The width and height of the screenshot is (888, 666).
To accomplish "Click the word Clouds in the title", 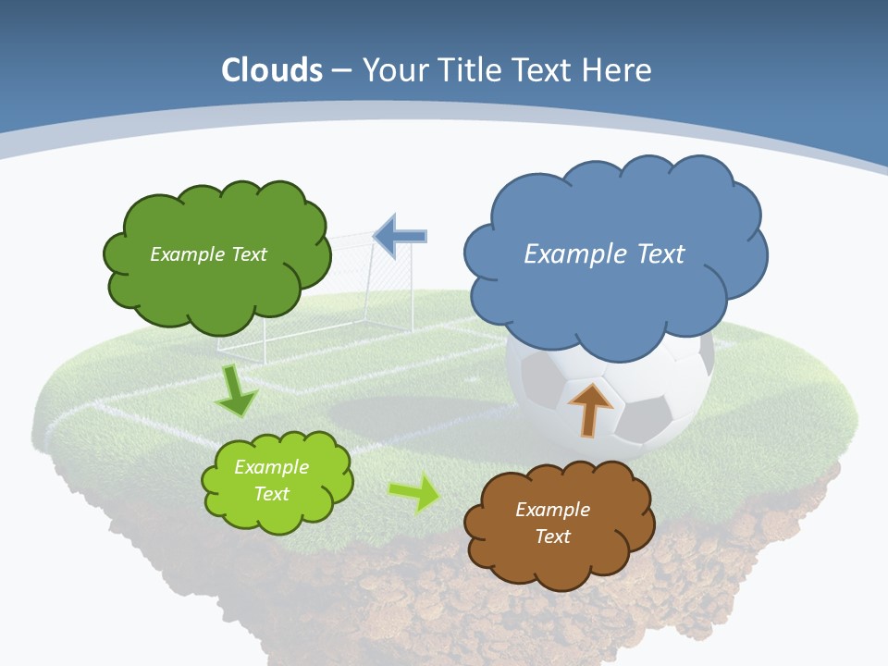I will (x=272, y=70).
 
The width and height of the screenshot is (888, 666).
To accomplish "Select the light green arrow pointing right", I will (x=414, y=492).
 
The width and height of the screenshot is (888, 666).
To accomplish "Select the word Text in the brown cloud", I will (x=552, y=536).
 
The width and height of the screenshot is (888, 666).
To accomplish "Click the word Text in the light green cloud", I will (x=272, y=494).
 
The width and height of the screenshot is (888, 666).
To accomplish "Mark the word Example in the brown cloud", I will (x=552, y=510).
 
